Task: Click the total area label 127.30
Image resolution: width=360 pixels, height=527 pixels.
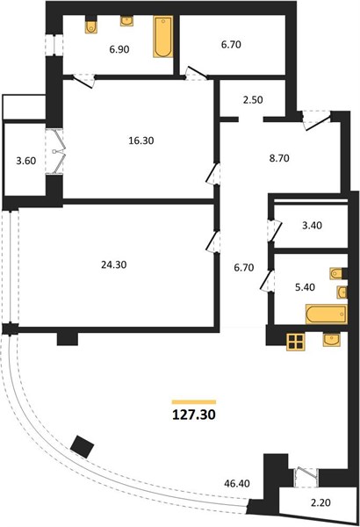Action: pyautogui.click(x=194, y=415)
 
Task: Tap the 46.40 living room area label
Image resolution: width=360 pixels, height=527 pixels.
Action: pyautogui.click(x=237, y=484)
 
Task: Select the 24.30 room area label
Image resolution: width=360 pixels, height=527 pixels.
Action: pyautogui.click(x=114, y=265)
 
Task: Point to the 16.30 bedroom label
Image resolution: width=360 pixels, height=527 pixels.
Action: pyautogui.click(x=141, y=141)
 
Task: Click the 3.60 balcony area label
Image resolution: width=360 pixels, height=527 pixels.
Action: pyautogui.click(x=25, y=161)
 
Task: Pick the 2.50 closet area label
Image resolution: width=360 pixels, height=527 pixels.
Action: pyautogui.click(x=253, y=100)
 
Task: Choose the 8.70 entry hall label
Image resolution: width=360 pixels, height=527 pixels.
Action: pyautogui.click(x=279, y=158)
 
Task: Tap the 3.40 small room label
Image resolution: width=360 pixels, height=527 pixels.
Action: pyautogui.click(x=312, y=225)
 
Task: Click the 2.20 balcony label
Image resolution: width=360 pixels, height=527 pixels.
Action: pyautogui.click(x=320, y=502)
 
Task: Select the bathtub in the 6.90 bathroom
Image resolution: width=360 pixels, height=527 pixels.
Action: pyautogui.click(x=163, y=37)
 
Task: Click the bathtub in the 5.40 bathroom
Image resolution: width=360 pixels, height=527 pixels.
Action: pyautogui.click(x=326, y=314)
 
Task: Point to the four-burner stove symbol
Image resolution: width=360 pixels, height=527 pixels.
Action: pyautogui.click(x=296, y=342)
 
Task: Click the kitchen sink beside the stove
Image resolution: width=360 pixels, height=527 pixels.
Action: pyautogui.click(x=331, y=339)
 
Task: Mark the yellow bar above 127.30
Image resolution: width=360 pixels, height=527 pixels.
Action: pyautogui.click(x=194, y=402)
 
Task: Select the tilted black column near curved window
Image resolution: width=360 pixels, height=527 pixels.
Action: pyautogui.click(x=83, y=446)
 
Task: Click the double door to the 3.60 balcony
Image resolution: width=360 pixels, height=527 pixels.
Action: pyautogui.click(x=54, y=152)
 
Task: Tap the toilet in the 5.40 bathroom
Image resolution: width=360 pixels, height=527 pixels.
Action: pyautogui.click(x=338, y=274)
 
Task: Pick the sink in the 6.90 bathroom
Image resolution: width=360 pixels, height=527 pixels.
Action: pyautogui.click(x=126, y=20)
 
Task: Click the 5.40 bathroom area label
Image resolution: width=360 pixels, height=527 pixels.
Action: pyautogui.click(x=305, y=287)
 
